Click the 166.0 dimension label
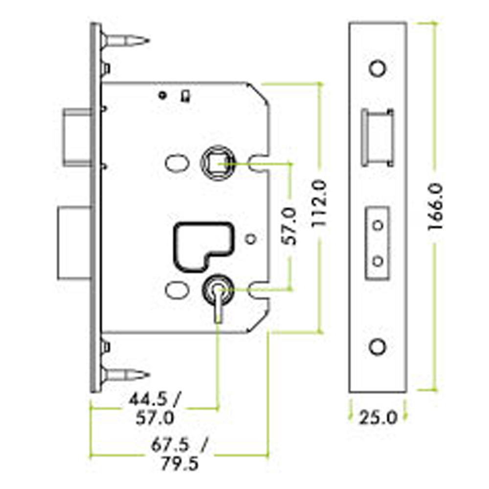tap(435, 207)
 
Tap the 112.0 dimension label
tap(319, 203)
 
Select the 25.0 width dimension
tap(378, 418)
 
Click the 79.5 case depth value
tap(179, 464)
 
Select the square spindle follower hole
tap(218, 163)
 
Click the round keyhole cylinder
tap(218, 289)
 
